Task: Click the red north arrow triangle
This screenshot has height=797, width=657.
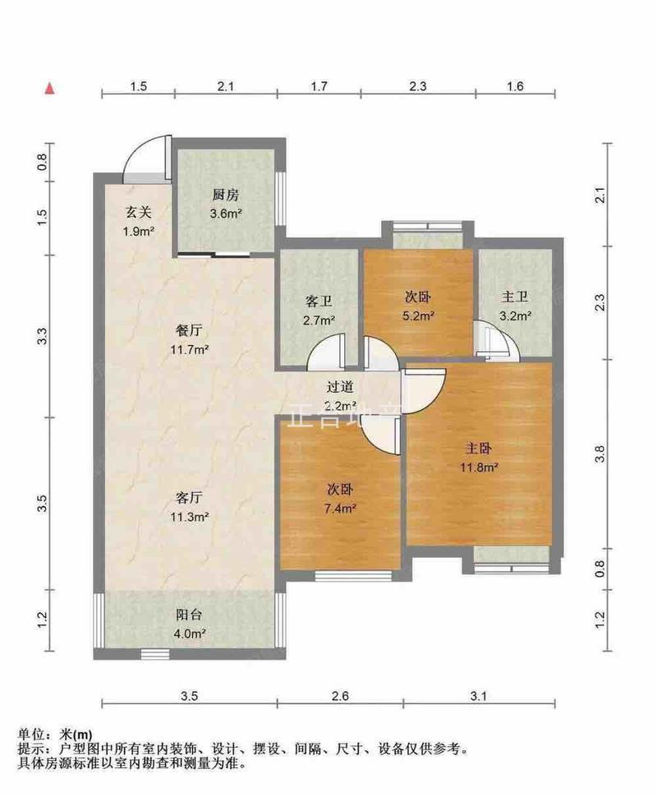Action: (x=49, y=89)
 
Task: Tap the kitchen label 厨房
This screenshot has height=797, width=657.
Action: (x=225, y=195)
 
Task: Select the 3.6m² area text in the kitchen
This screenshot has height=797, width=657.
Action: (x=226, y=214)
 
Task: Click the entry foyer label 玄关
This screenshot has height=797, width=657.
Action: (x=138, y=213)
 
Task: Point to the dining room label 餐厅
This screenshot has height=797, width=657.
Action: (x=189, y=331)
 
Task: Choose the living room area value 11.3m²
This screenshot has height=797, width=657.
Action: (x=190, y=517)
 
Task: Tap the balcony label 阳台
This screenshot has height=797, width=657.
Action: (x=189, y=615)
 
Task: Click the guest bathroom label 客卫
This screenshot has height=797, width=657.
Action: (x=319, y=302)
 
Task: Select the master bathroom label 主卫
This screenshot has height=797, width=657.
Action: (x=514, y=297)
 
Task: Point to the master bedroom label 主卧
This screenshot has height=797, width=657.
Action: (x=479, y=449)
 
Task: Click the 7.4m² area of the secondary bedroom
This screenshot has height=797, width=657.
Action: (x=340, y=508)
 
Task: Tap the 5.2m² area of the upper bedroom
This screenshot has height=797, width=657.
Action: (x=418, y=316)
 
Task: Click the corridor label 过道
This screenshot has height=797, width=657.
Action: (x=339, y=387)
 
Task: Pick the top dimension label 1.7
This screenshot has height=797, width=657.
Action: (x=319, y=86)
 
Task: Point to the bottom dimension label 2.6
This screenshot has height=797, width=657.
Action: (x=339, y=695)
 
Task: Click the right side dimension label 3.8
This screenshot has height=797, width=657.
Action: (x=600, y=454)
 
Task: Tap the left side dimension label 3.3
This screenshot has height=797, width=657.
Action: (x=42, y=336)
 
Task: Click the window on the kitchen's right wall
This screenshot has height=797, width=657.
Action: (x=280, y=199)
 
